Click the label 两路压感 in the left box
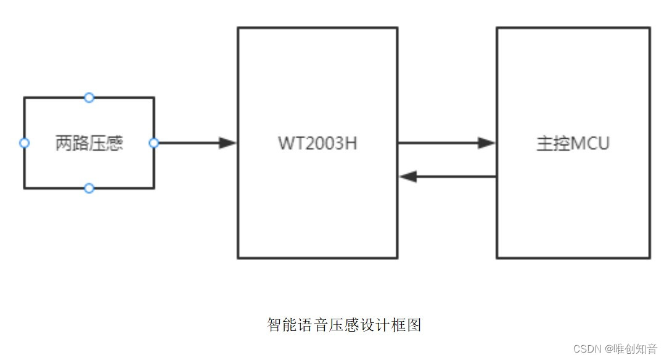pyautogui.click(x=89, y=143)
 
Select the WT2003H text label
pyautogui.click(x=317, y=143)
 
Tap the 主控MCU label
pyautogui.click(x=573, y=143)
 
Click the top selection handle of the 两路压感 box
pyautogui.click(x=89, y=97)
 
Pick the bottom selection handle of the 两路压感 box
pyautogui.click(x=89, y=188)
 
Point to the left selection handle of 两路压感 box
pyautogui.click(x=24, y=143)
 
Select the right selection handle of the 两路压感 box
pyautogui.click(x=154, y=143)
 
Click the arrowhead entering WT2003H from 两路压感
pyautogui.click(x=228, y=143)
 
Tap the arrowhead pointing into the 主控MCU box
pyautogui.click(x=487, y=143)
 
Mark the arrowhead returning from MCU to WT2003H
pyautogui.click(x=408, y=177)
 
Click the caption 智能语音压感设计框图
pyautogui.click(x=344, y=325)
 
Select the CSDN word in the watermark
pyautogui.click(x=587, y=349)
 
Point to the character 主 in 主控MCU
pyautogui.click(x=544, y=143)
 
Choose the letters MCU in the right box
pyautogui.click(x=590, y=143)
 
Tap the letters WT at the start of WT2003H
pyautogui.click(x=290, y=143)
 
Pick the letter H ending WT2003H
pyautogui.click(x=351, y=143)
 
